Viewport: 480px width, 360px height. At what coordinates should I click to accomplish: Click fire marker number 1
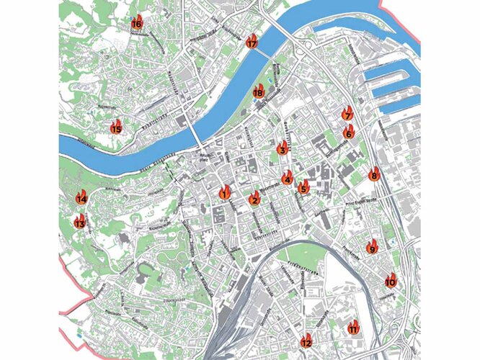coord(224,192)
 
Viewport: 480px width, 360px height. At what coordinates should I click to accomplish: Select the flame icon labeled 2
coord(254,199)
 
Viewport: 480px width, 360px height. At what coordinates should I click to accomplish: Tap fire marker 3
coord(283,149)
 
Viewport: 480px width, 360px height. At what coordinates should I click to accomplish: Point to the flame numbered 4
coord(288,178)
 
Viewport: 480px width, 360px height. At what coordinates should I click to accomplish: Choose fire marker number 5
coord(303,188)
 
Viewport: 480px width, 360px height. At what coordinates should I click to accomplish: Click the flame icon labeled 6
coord(348,132)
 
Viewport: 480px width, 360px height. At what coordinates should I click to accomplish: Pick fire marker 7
coord(347,114)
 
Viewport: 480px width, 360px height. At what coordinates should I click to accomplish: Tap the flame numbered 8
coord(373,174)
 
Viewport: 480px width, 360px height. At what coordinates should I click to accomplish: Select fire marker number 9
coord(372,248)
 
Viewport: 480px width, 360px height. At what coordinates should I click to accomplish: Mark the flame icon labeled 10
coord(390,280)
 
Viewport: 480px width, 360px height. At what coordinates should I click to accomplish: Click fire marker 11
coord(353,328)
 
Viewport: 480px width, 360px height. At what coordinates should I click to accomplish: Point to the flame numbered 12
coord(306,341)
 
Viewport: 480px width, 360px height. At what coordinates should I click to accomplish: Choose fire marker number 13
coord(80,222)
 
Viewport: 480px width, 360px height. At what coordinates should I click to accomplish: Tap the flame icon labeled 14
coord(81,197)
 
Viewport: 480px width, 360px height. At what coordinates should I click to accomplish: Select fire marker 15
coord(116,127)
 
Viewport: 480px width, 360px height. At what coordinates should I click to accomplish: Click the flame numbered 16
coord(136,23)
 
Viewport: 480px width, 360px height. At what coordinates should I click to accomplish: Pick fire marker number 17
coord(252,42)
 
